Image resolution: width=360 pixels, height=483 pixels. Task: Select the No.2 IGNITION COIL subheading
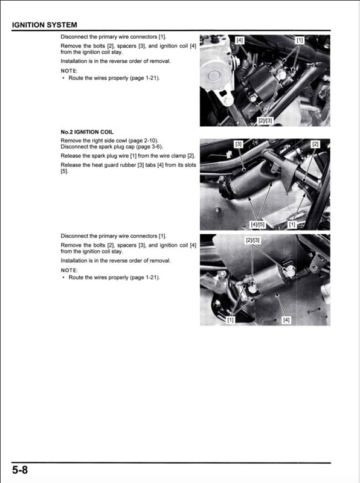[87, 132]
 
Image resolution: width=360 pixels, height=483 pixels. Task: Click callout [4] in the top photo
[239, 40]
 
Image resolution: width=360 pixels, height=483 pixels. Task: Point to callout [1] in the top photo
[300, 40]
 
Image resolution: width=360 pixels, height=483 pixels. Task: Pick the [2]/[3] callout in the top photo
[265, 120]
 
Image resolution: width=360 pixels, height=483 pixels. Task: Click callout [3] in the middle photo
[238, 144]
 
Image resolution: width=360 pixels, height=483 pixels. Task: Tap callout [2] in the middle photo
[315, 144]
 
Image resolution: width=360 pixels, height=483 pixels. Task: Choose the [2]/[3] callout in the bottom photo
[252, 240]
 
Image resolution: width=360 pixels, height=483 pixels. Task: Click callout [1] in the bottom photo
[230, 320]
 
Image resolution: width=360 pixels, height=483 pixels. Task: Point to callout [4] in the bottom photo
[286, 320]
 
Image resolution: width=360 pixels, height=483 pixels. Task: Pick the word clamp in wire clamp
[178, 156]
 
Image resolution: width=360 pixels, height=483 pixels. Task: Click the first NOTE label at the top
[69, 71]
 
